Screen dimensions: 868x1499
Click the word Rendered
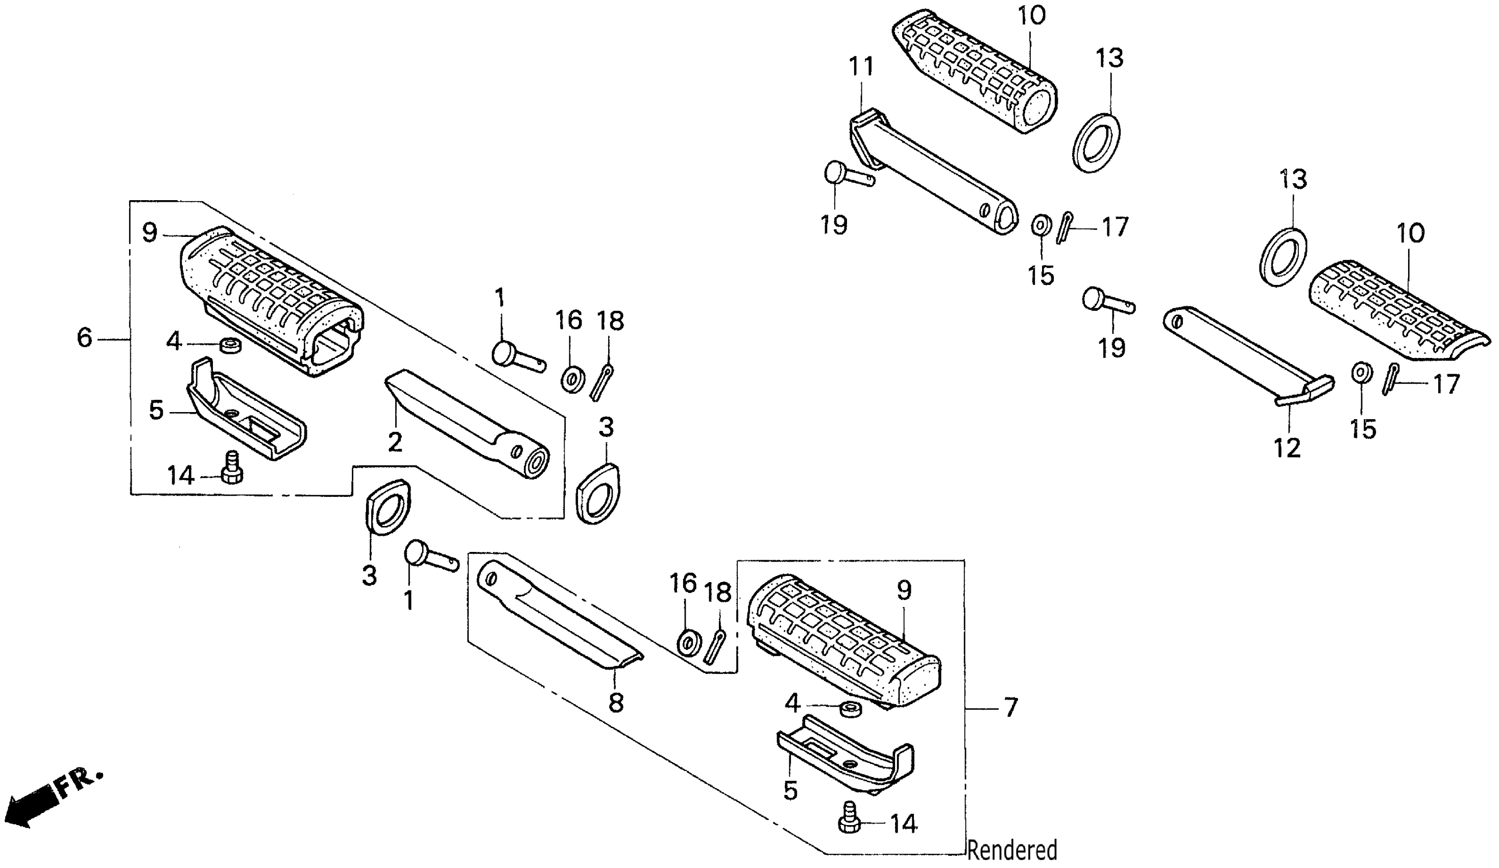1012,850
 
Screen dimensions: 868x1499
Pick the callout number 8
616,703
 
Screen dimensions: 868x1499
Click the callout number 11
861,67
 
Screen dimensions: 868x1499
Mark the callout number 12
1287,447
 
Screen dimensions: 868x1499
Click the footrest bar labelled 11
934,173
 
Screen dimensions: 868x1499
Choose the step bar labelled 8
559,619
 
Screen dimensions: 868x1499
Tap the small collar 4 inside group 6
229,345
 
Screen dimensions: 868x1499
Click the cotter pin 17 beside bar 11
1065,227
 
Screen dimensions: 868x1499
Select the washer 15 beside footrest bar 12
1361,374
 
